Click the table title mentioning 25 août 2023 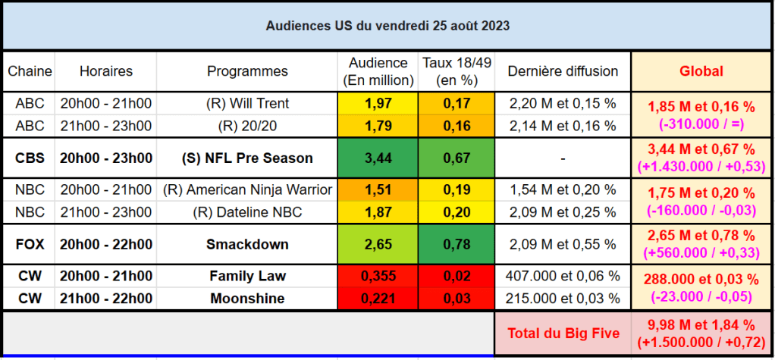pyautogui.click(x=387, y=25)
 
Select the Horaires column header pyautogui.click(x=106, y=71)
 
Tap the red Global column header pyautogui.click(x=701, y=71)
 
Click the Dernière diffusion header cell pyautogui.click(x=563, y=71)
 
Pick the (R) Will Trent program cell pyautogui.click(x=247, y=103)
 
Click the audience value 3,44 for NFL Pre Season pyautogui.click(x=378, y=158)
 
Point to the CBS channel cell pyautogui.click(x=30, y=158)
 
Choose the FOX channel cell pyautogui.click(x=30, y=244)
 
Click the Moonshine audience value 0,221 pyautogui.click(x=378, y=299)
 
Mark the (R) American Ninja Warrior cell pyautogui.click(x=247, y=190)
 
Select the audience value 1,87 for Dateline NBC pyautogui.click(x=378, y=212)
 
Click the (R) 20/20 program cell pyautogui.click(x=247, y=125)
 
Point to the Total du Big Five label pyautogui.click(x=563, y=333)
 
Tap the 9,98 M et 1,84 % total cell pyautogui.click(x=701, y=333)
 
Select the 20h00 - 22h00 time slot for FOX pyautogui.click(x=106, y=244)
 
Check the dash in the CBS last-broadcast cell pyautogui.click(x=563, y=159)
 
